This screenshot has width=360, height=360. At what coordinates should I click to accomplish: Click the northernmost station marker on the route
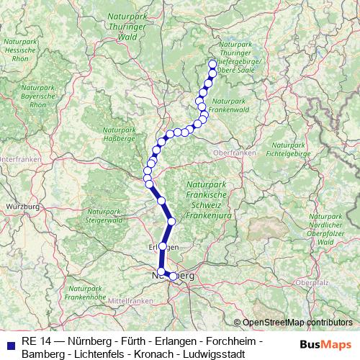click(x=212, y=63)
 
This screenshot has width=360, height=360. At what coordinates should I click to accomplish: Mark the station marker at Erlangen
click(x=163, y=246)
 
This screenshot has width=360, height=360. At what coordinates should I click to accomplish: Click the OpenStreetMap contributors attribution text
click(x=297, y=323)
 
